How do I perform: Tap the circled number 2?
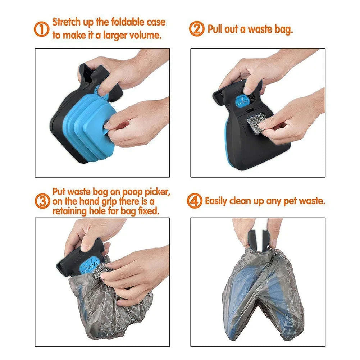click(x=197, y=29)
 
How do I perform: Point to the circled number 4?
click(x=195, y=201)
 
